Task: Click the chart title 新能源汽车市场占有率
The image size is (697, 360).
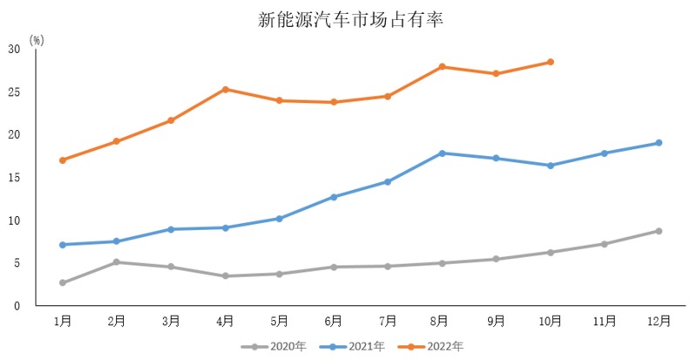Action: pyautogui.click(x=350, y=20)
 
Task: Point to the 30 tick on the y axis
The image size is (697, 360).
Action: pyautogui.click(x=15, y=49)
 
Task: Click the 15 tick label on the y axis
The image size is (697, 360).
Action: pyautogui.click(x=15, y=178)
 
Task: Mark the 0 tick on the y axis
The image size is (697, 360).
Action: pyautogui.click(x=17, y=306)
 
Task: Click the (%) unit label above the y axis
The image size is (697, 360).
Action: pyautogui.click(x=36, y=40)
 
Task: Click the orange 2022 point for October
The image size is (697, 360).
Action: pyautogui.click(x=551, y=62)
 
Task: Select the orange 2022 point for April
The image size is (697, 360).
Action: pyautogui.click(x=226, y=89)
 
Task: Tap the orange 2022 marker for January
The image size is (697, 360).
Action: pyautogui.click(x=63, y=160)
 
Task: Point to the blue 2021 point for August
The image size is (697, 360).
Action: pyautogui.click(x=443, y=153)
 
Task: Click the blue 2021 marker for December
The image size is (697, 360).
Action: pyautogui.click(x=659, y=143)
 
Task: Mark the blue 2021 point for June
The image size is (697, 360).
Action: pyautogui.click(x=334, y=197)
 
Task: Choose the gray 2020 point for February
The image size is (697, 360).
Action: pyautogui.click(x=117, y=262)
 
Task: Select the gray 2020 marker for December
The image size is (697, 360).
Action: pyautogui.click(x=659, y=231)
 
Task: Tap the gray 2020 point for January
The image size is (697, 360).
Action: pyautogui.click(x=63, y=282)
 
